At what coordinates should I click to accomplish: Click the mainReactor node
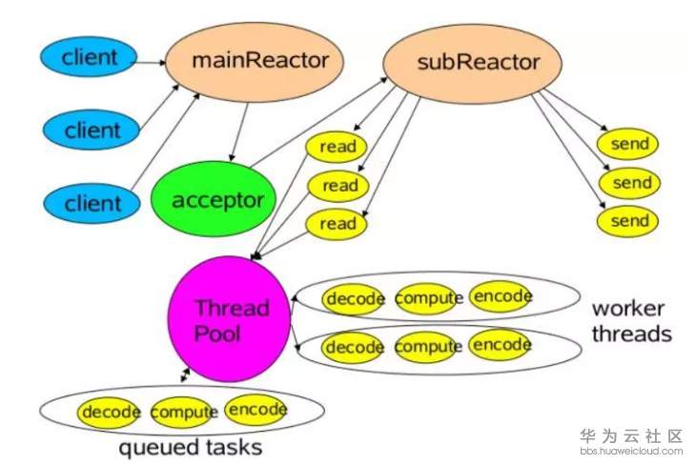tap(255, 62)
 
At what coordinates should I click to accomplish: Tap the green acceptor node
tap(214, 199)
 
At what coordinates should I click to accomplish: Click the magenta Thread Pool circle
tap(230, 319)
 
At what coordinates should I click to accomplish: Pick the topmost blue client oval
tap(89, 57)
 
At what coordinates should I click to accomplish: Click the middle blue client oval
tap(91, 130)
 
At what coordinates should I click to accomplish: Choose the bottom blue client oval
tap(92, 203)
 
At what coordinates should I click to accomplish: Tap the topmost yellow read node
tap(337, 147)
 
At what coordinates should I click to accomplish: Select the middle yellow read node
tap(338, 186)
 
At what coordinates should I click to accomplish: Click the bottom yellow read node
tap(337, 224)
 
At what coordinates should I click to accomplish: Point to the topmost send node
tap(627, 144)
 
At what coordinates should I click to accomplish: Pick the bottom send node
tap(627, 221)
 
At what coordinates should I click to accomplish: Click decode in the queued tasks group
tap(109, 413)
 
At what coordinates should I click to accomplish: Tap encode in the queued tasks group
tap(256, 410)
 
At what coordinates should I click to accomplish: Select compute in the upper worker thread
tap(427, 298)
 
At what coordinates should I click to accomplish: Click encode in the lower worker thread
tap(501, 345)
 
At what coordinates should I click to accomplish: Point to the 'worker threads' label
tap(631, 321)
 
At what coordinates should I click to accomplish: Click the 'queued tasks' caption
tap(191, 447)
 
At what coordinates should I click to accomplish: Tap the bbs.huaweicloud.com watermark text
tap(631, 452)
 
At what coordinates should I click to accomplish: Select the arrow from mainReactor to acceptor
tap(239, 131)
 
